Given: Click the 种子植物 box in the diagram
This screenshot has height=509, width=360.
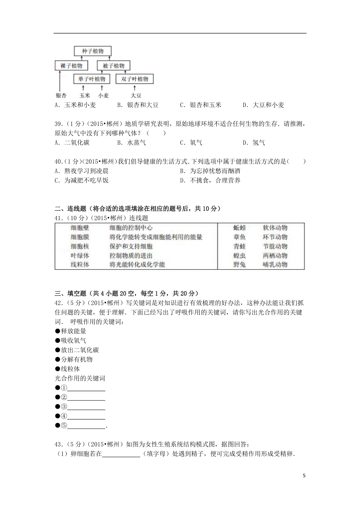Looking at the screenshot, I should pyautogui.click(x=93, y=51).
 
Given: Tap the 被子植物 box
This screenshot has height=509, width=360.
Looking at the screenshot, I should pyautogui.click(x=113, y=66).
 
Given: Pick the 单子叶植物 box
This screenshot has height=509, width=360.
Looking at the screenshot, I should pyautogui.click(x=91, y=79).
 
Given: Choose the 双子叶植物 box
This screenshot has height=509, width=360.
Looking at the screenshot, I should pyautogui.click(x=134, y=79).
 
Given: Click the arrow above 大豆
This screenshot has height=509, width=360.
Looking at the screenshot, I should pyautogui.click(x=135, y=88).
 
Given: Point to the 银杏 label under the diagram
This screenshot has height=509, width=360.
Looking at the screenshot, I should pyautogui.click(x=61, y=96).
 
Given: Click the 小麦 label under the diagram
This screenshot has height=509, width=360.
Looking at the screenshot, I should pyautogui.click(x=103, y=96).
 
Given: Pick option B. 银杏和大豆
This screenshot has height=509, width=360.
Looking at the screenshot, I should pyautogui.click(x=138, y=105).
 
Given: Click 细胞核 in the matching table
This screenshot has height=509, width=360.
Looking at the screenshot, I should pyautogui.click(x=80, y=246).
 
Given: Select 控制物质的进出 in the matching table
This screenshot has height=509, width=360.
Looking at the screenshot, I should pyautogui.click(x=131, y=256).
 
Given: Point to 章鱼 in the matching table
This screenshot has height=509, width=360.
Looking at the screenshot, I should pyautogui.click(x=239, y=237).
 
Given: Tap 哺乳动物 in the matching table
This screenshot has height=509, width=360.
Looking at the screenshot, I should pyautogui.click(x=275, y=265).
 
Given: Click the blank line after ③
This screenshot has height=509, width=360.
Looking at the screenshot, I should pyautogui.click(x=86, y=407).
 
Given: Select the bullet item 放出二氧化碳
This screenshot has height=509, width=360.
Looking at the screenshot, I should pyautogui.click(x=77, y=350).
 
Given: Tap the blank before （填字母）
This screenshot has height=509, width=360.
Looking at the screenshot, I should pyautogui.click(x=121, y=454).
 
